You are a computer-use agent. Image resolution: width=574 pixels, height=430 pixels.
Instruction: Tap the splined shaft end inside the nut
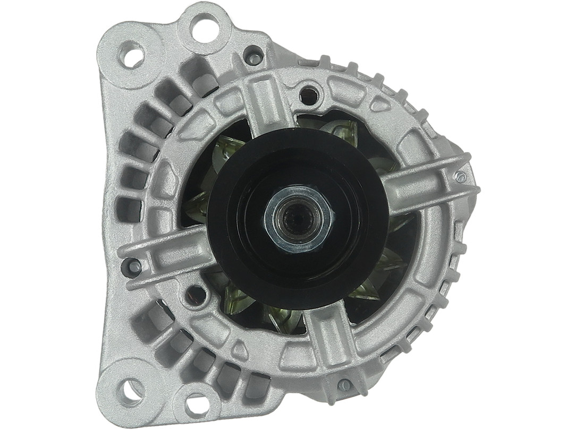pyautogui.click(x=298, y=216)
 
